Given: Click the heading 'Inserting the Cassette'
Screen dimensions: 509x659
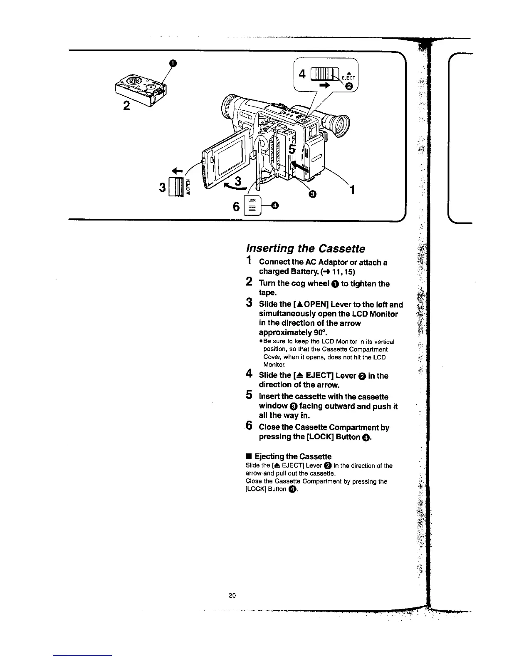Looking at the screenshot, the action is coord(306,248).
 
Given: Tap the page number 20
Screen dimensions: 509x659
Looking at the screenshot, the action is coord(232,595).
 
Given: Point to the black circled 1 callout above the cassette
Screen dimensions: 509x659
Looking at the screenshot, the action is coord(173,63).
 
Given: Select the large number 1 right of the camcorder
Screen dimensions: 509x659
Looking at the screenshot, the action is coord(351,190).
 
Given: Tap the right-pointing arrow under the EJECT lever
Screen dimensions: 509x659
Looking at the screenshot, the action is coord(324,85).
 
